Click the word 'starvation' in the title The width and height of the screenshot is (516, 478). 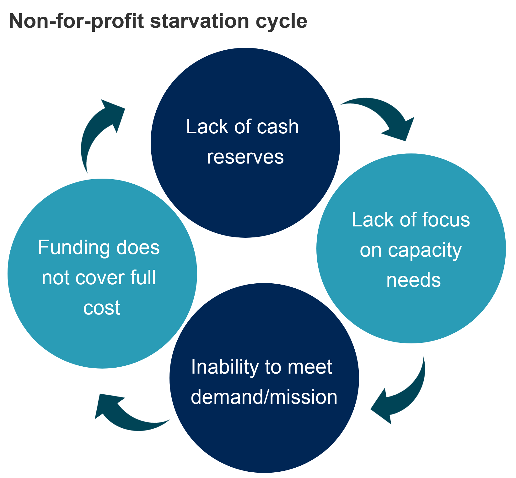(200, 21)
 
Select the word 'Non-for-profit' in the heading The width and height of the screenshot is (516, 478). (77, 21)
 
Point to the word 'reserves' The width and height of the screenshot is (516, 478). (245, 157)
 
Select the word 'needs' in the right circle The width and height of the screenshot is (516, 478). (413, 280)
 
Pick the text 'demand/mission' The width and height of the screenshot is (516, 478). (264, 397)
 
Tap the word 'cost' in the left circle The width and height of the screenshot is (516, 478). (101, 308)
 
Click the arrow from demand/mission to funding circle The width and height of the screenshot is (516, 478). (126, 415)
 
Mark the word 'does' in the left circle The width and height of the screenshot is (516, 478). (138, 247)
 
